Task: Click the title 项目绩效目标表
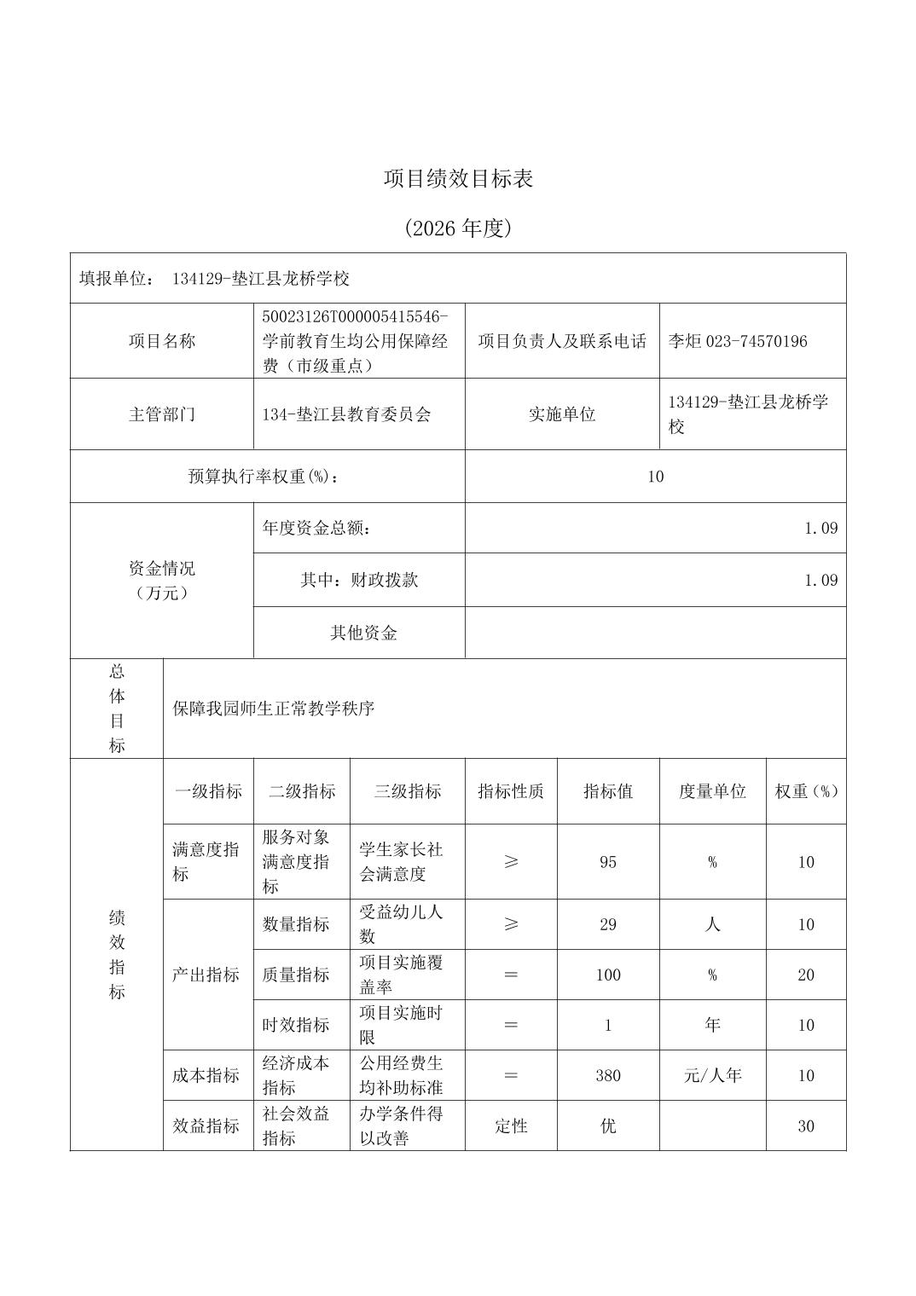pos(458,179)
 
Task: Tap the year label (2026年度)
pos(458,229)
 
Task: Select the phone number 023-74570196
pos(757,341)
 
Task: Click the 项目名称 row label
pos(162,341)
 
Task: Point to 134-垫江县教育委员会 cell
pos(347,414)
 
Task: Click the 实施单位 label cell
pos(562,414)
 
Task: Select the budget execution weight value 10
pos(655,477)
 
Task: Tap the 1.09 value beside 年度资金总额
pos(820,528)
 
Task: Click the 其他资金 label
pos(363,633)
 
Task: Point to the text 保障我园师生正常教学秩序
pos(274,709)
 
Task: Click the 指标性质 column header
pos(511,791)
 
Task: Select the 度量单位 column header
pos(712,791)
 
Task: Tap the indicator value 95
pos(608,862)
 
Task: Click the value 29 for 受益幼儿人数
pos(608,924)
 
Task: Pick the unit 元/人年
pos(712,1075)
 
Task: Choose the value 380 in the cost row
pos(608,1075)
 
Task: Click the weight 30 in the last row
pos(806,1125)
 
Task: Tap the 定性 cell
pos(511,1125)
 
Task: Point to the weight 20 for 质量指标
pos(806,975)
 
